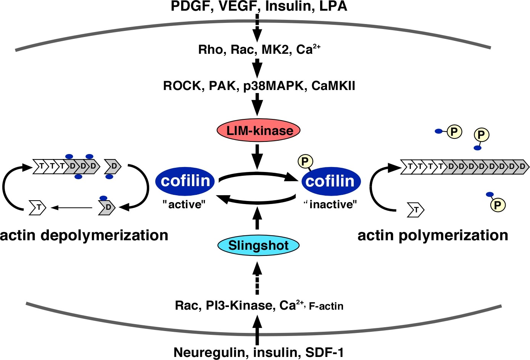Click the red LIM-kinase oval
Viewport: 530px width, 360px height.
coord(259,130)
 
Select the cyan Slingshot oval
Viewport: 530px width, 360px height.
coord(258,246)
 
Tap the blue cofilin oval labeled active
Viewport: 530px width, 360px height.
coord(185,181)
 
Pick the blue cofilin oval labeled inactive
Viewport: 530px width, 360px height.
coord(330,182)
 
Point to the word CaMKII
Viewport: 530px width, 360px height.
coord(333,86)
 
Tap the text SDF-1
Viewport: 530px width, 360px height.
coord(324,352)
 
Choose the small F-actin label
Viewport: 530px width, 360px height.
coord(326,306)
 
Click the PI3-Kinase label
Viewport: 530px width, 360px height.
coord(239,305)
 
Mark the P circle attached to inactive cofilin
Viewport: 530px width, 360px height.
coord(305,161)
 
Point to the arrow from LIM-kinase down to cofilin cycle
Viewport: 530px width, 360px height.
coord(258,156)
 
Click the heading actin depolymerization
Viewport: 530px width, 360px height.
coord(84,235)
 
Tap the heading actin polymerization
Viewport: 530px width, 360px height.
coord(433,235)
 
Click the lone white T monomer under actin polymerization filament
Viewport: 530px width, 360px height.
coord(416,210)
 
